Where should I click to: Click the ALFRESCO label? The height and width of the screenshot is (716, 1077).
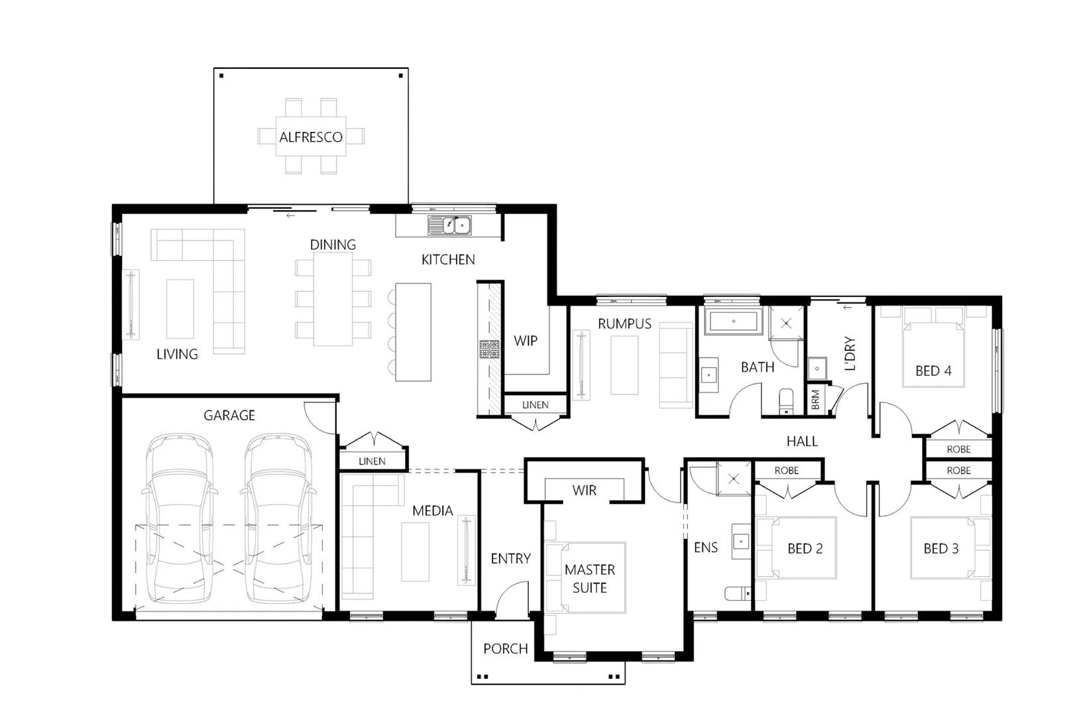coord(311,137)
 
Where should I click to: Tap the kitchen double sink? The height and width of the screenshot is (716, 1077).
coord(449,226)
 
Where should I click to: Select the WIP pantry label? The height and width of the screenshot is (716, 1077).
coord(526,341)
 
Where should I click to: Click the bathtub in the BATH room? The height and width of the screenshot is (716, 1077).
coord(734,322)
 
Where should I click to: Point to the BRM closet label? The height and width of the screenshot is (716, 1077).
coord(815,399)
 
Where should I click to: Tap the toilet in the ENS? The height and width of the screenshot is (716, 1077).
coord(736,593)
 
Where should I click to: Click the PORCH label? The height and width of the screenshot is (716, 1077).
coord(506,648)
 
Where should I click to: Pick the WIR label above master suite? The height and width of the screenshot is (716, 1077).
coord(584,490)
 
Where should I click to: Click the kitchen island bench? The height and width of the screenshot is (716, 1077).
coord(414,331)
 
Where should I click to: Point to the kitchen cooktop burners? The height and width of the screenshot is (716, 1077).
coord(490,349)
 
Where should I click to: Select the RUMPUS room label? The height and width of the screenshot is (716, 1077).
coord(624,324)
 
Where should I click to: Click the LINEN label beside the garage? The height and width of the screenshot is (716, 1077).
coord(372,461)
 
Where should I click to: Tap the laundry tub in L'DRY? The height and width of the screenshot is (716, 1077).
coord(817,367)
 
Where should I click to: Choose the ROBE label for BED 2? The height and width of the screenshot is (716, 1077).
coord(787,470)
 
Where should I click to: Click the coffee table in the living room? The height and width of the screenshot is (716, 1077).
coord(180,309)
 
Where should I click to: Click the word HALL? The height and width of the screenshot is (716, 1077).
coord(802,441)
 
